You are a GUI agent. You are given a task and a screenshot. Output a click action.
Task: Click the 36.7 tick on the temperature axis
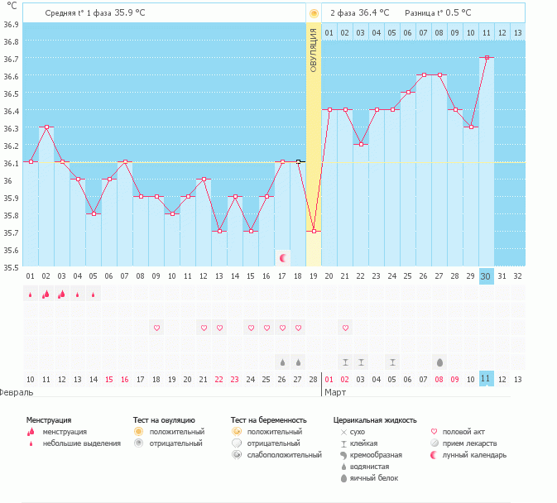click(11, 59)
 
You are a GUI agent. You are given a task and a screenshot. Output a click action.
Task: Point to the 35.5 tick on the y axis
click(11, 267)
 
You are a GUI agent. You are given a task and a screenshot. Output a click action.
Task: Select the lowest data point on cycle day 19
click(314, 232)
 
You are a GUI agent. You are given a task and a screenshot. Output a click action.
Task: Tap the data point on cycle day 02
click(46, 127)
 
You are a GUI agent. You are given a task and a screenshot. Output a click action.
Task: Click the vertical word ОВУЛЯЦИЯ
click(314, 50)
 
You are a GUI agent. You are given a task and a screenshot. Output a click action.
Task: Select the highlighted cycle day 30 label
click(487, 275)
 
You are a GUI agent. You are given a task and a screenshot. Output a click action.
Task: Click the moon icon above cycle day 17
click(282, 258)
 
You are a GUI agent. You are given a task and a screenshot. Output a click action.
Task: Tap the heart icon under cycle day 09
click(156, 328)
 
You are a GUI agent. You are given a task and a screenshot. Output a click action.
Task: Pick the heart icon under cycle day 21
click(345, 328)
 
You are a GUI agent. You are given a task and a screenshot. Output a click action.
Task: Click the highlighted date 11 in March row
click(487, 379)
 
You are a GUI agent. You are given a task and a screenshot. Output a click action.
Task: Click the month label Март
click(335, 392)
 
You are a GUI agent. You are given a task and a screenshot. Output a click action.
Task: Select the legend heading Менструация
click(49, 420)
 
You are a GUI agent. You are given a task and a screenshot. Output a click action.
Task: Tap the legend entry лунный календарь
click(474, 455)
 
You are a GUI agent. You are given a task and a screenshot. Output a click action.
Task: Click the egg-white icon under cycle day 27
click(439, 362)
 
